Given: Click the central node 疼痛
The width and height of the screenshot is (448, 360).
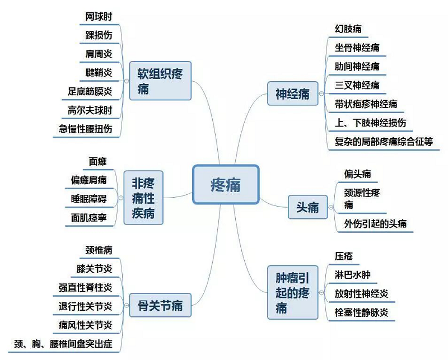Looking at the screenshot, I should click(226, 184).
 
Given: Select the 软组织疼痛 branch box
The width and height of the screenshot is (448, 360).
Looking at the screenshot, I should click(160, 81).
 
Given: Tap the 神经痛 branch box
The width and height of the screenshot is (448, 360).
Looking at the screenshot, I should click(292, 93).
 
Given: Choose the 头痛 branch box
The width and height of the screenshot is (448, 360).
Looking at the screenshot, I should click(307, 207).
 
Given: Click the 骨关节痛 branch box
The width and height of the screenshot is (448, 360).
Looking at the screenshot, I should click(160, 306).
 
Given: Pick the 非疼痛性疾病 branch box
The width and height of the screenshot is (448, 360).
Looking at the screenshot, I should click(143, 198).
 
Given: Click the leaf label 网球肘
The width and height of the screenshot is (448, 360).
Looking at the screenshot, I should click(99, 17).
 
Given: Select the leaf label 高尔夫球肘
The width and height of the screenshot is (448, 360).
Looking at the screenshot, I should click(90, 110).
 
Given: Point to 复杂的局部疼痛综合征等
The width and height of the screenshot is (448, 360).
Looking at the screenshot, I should click(383, 142).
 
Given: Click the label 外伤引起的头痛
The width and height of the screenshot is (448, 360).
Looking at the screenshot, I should click(376, 224).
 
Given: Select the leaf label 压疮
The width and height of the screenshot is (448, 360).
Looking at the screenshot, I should click(344, 256).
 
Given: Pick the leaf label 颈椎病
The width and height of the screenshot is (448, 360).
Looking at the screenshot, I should click(99, 250).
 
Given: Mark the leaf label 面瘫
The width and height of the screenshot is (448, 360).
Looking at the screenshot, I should click(98, 162).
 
